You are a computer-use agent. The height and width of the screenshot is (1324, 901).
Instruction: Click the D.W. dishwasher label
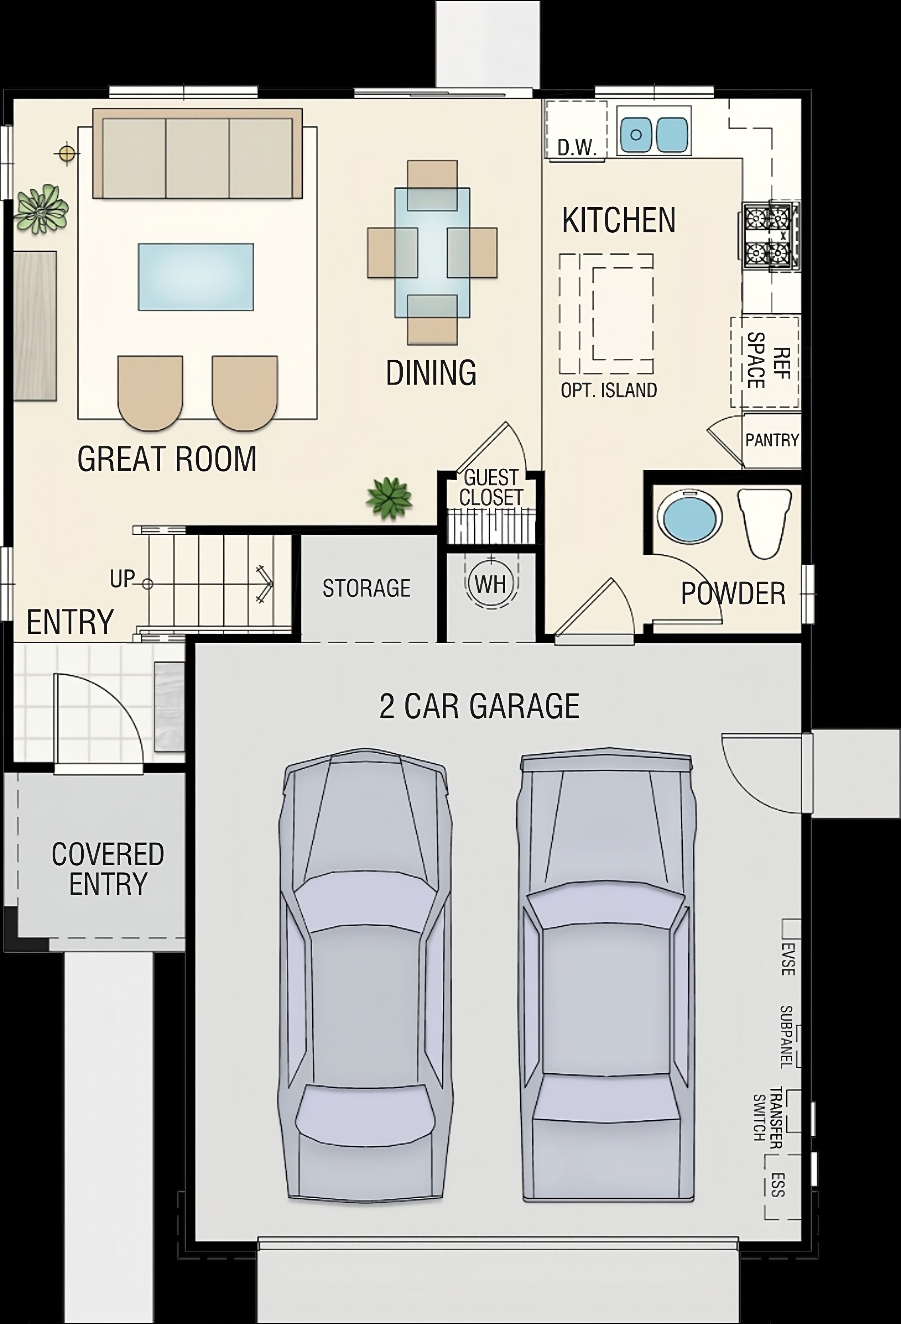576,148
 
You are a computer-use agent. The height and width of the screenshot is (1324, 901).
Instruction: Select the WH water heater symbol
490,583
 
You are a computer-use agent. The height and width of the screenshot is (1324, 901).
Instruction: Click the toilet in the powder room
764,523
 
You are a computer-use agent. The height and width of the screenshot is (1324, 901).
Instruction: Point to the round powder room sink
689,517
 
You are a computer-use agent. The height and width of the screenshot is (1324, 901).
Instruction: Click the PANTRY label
772,440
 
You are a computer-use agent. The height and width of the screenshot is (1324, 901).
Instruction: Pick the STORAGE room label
366,588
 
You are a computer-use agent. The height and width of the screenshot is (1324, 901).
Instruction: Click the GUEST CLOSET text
490,488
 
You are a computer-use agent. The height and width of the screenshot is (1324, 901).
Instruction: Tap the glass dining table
432,252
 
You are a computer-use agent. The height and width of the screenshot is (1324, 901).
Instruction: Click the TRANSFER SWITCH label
768,1117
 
